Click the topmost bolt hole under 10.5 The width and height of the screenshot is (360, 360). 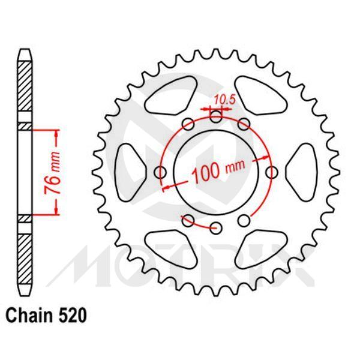click(x=216, y=116)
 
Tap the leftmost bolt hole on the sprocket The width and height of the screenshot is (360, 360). click(x=161, y=172)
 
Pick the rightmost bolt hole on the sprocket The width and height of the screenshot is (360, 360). click(x=272, y=172)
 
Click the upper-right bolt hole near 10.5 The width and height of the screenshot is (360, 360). click(x=244, y=124)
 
